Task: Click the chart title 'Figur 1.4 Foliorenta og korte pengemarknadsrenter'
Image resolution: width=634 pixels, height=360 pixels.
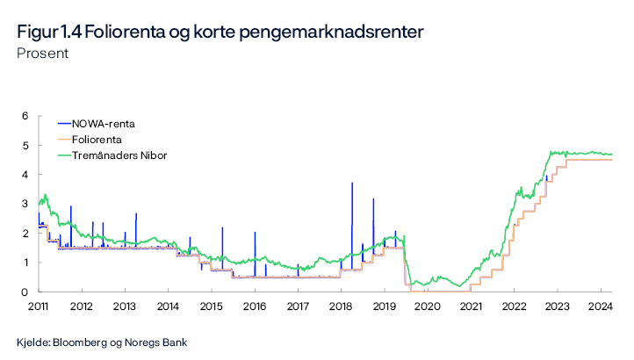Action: click(x=220, y=32)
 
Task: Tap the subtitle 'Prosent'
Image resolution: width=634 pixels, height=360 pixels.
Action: click(x=42, y=54)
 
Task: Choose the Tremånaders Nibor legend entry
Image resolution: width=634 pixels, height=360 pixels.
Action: click(x=119, y=155)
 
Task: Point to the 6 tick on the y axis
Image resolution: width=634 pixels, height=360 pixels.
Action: click(x=25, y=116)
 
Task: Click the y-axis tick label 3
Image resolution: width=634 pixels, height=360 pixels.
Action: click(x=25, y=204)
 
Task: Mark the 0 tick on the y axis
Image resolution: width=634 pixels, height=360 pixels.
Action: click(x=25, y=292)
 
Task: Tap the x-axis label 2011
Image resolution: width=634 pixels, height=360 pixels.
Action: click(x=38, y=306)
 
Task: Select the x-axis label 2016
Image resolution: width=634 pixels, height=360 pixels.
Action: click(x=254, y=306)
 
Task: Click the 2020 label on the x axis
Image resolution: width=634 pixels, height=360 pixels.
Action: click(x=427, y=306)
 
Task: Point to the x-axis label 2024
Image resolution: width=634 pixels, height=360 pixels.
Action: click(x=600, y=306)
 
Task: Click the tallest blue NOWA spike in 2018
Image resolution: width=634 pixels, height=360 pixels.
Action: click(x=352, y=184)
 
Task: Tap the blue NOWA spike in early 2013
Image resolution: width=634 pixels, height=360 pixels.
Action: click(x=136, y=215)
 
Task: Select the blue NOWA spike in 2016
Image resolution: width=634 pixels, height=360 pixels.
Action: click(x=255, y=234)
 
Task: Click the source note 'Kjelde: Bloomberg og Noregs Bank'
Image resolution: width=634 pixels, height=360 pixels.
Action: click(x=102, y=342)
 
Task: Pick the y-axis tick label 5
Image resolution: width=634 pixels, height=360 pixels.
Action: click(x=25, y=145)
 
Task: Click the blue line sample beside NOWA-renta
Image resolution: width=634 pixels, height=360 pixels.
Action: click(x=63, y=124)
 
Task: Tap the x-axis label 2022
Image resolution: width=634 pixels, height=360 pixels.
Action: click(x=513, y=306)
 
